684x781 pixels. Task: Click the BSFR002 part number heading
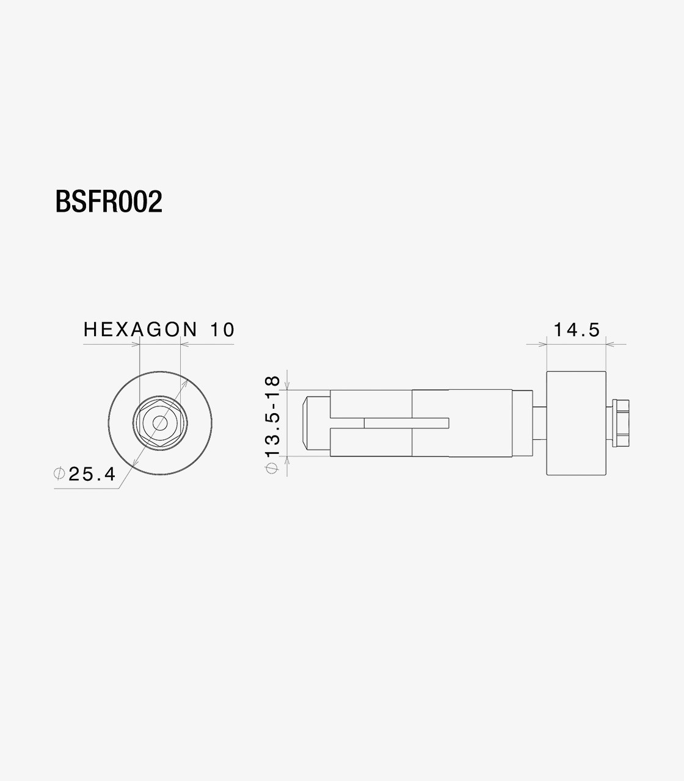pos(109,202)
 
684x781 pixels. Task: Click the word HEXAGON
pos(140,330)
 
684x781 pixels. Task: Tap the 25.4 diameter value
pos(92,474)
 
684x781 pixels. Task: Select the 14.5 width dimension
pos(577,330)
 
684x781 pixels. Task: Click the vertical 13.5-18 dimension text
pos(272,417)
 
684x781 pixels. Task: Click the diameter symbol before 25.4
pos(59,473)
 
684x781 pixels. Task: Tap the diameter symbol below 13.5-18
pos(272,468)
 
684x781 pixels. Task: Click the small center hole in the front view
pos(160,422)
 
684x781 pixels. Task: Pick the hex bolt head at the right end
pos(620,422)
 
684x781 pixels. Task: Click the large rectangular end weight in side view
pos(576,422)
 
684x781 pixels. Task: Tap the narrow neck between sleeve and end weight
pos(539,422)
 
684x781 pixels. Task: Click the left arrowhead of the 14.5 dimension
pos(542,345)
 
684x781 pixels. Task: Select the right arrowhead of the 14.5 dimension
pos(610,345)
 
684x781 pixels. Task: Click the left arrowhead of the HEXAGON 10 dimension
pos(136,345)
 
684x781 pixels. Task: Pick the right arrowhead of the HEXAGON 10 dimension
pos(185,345)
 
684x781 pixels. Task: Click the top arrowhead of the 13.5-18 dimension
pos(287,386)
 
